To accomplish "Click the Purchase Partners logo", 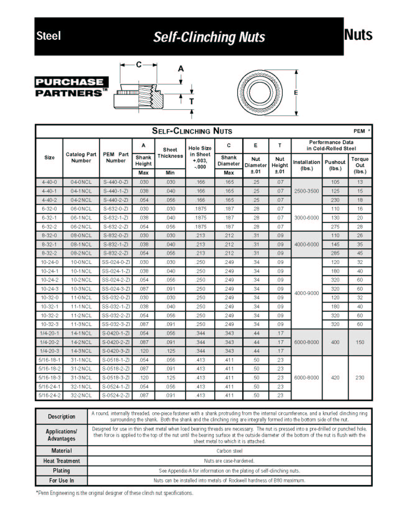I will tap(71, 87).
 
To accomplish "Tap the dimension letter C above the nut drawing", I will tap(139, 65).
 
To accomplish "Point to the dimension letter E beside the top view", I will tap(296, 93).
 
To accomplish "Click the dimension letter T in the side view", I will tap(191, 101).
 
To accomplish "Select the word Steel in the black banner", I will tap(48, 36).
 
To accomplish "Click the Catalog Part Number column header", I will tap(81, 157).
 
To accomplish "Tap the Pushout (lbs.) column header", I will tap(335, 165).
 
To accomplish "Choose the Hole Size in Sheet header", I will tap(200, 157).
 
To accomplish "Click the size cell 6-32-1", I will tap(49, 218).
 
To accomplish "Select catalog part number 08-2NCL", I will tap(81, 253).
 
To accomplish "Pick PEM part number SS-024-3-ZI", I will tap(116, 289).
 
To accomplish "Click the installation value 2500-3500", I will tap(307, 191).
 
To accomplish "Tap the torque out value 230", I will tap(360, 378).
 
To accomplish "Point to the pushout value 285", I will tap(335, 253).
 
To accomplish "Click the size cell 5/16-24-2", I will tap(49, 395).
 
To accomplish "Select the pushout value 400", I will tap(335, 342).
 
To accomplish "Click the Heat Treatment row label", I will tap(61, 461).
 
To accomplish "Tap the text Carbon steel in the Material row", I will tap(229, 451).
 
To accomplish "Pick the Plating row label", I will tap(61, 471).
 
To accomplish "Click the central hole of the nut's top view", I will tap(260, 93).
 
